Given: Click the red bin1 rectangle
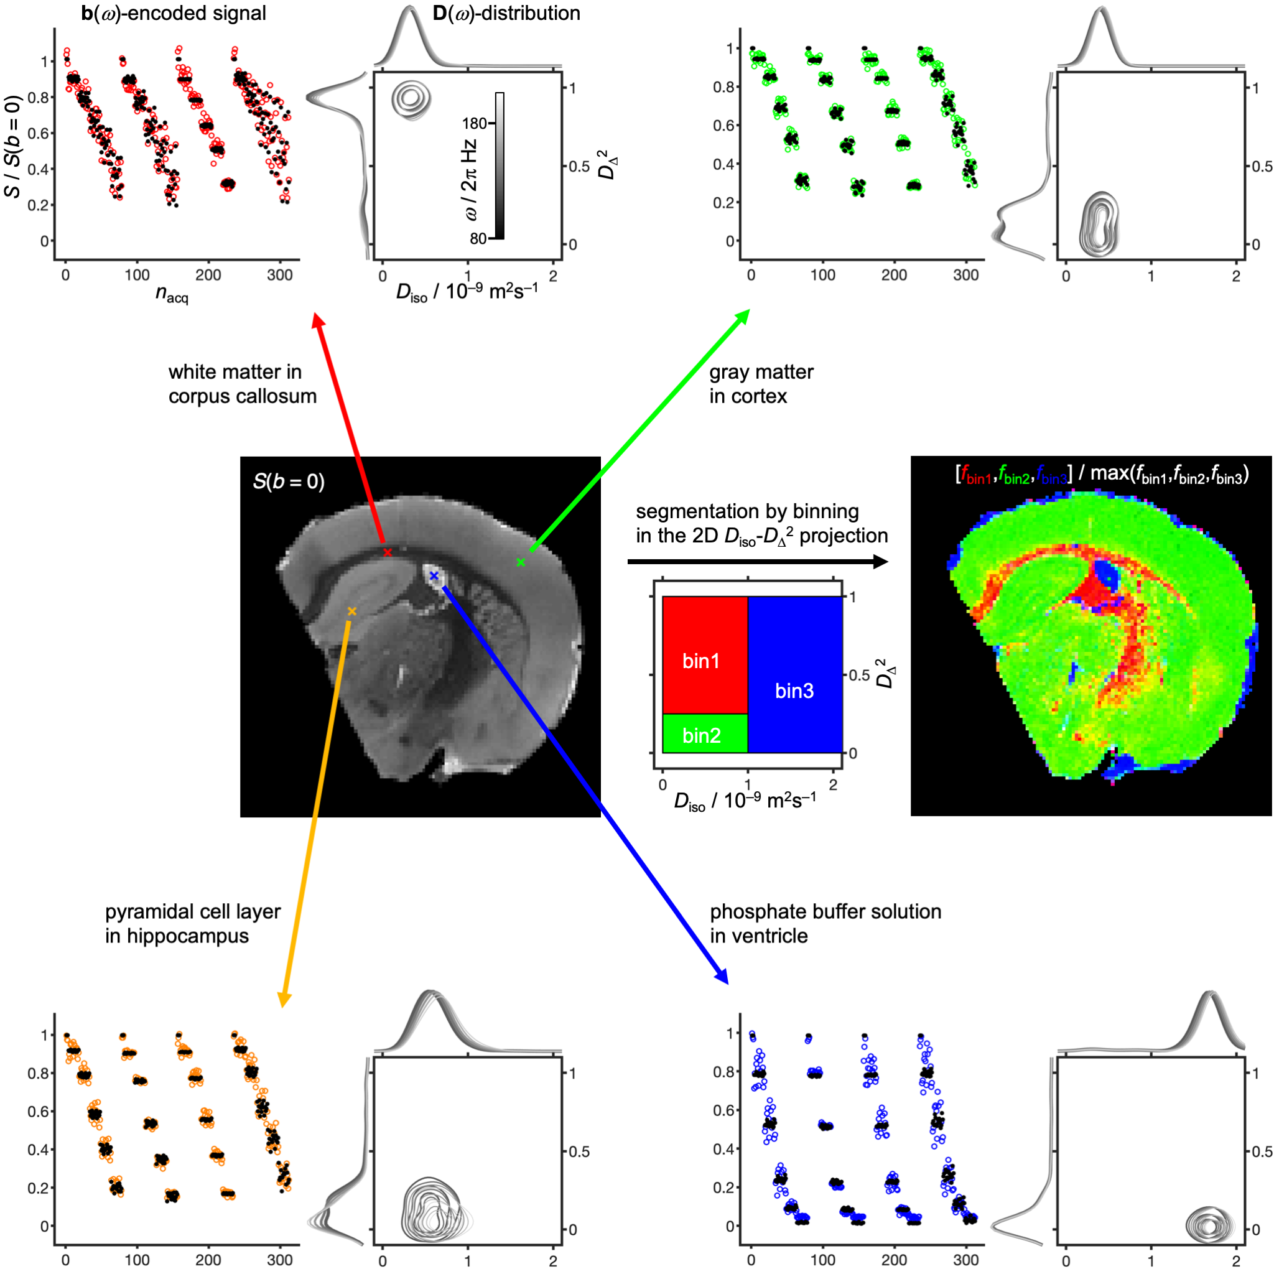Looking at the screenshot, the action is coord(705,655).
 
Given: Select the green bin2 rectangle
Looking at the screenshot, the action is coord(705,733).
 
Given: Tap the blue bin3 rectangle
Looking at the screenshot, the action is coord(795,674).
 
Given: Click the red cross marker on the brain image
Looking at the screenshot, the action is coord(388,552).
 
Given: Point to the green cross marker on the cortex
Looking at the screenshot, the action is coord(521,562).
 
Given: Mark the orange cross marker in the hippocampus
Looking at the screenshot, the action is coord(352,612).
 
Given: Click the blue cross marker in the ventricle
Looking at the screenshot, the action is coord(434,575).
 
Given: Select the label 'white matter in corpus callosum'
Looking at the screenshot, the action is coord(242,384).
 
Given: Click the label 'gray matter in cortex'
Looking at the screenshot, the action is coord(761,384).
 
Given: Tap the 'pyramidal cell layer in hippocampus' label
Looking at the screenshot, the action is coord(193,924).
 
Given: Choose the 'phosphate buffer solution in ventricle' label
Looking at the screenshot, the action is coord(825,924).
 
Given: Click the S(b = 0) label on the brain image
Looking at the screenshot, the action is coord(288,482).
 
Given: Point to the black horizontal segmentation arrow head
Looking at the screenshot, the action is coord(880,562).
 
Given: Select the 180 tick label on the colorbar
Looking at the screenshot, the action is coord(474,123).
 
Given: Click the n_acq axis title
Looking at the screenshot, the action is coord(172,294).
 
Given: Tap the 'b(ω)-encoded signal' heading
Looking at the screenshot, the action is coord(174,13).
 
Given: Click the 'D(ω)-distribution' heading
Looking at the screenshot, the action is coord(506,13).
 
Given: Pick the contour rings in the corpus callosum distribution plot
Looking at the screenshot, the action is coord(410,100).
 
